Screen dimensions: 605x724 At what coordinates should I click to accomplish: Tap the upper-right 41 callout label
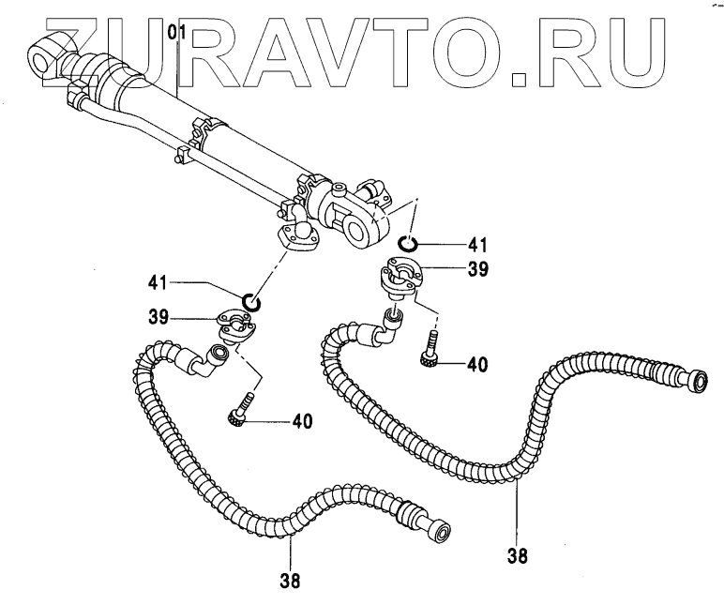pyautogui.click(x=477, y=246)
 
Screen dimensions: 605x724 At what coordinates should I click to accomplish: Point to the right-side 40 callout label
pyautogui.click(x=478, y=365)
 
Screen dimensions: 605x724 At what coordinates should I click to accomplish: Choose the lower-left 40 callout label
pyautogui.click(x=301, y=422)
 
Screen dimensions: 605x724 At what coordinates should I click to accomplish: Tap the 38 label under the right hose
pyautogui.click(x=517, y=554)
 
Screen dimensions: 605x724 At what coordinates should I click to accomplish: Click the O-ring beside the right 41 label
pyautogui.click(x=405, y=246)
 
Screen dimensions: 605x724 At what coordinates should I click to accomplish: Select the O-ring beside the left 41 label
pyautogui.click(x=249, y=301)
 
